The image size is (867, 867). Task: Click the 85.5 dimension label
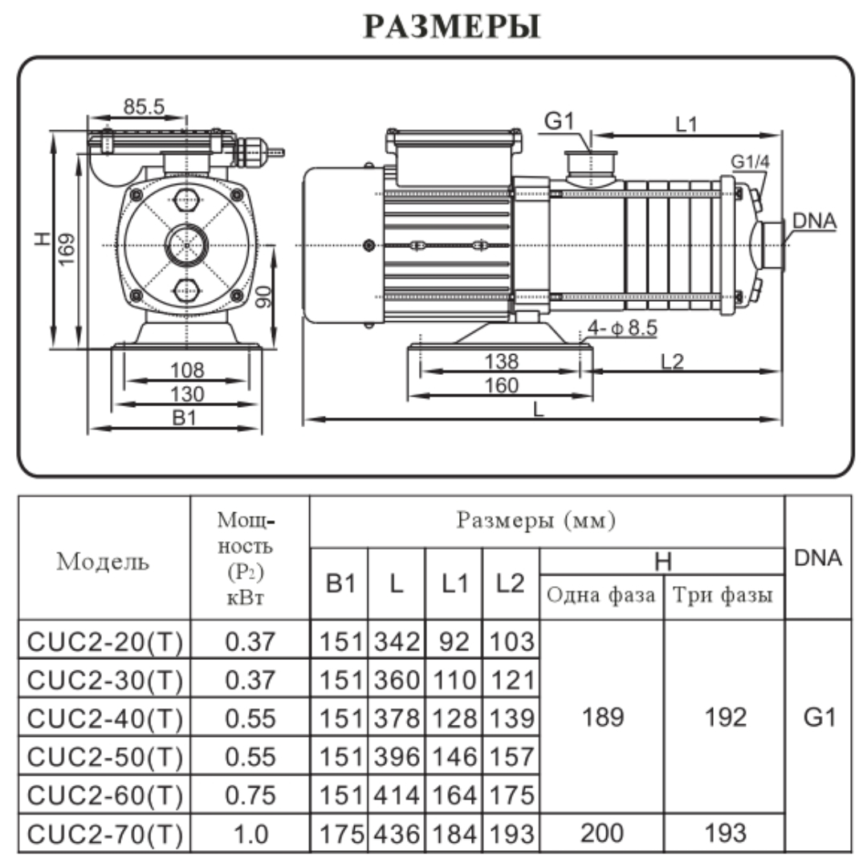144,106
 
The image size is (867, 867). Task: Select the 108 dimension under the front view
187,371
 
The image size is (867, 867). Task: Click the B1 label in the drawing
185,418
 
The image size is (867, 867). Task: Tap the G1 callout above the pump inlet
560,121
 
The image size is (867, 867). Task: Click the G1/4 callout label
750,161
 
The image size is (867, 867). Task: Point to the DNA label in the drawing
814,221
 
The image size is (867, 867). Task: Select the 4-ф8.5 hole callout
622,328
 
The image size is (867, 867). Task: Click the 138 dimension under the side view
501,361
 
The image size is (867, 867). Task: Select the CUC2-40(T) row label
105,718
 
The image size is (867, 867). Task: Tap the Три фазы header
722,596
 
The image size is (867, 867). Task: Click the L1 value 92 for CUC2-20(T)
454,641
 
